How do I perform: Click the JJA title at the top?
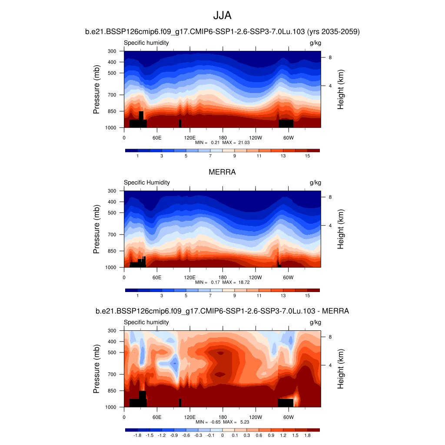(x=222, y=16)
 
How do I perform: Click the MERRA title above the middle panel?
(x=222, y=172)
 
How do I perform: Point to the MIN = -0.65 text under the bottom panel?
(x=207, y=422)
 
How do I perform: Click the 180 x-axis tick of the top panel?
(x=222, y=133)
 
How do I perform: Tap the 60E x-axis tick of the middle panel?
(x=157, y=273)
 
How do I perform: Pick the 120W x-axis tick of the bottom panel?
(x=256, y=413)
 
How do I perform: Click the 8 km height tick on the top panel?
(x=330, y=57)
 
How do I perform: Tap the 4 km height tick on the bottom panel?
(x=330, y=365)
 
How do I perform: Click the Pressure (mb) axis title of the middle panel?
(x=96, y=229)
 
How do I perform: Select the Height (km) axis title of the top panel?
(x=341, y=90)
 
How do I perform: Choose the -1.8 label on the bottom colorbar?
(x=137, y=435)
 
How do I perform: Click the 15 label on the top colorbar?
(x=307, y=156)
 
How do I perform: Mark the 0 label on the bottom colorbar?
(x=222, y=435)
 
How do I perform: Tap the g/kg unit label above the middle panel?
(x=315, y=183)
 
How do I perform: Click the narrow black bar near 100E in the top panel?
(x=180, y=123)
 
